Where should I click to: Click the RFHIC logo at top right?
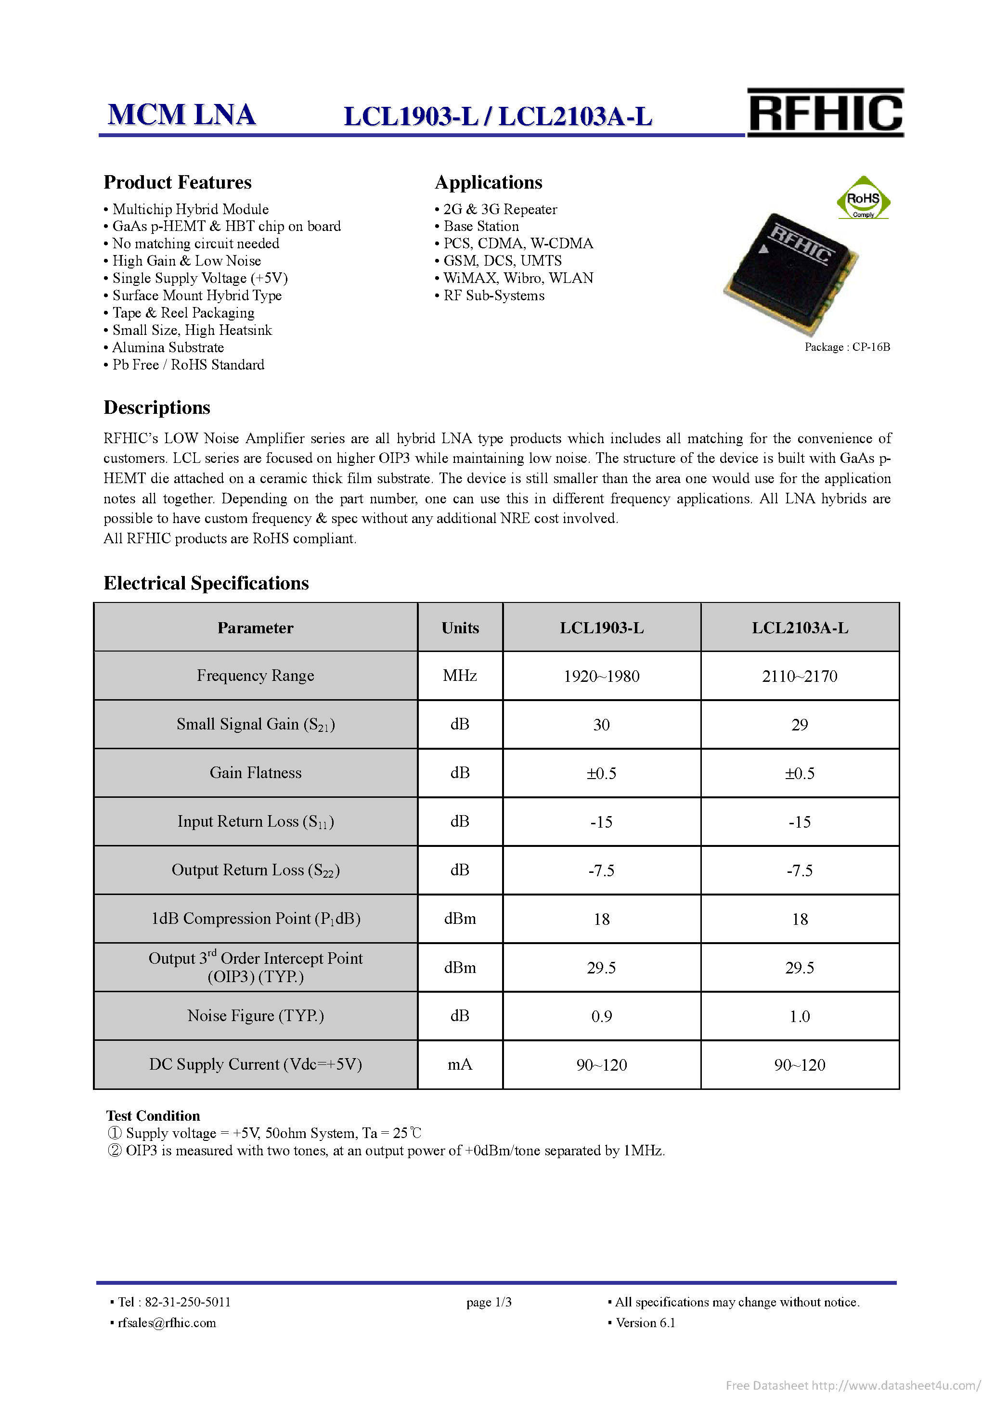pos(825,113)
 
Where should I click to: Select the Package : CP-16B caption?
pos(847,347)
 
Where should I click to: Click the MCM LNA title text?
pos(181,115)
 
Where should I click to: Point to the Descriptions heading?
pos(157,408)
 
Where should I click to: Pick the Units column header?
pos(460,627)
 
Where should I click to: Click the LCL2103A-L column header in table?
pos(800,627)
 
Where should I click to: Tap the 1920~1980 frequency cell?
pos(601,676)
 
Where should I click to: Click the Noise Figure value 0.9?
pos(601,1016)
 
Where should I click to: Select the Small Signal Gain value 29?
pos(800,724)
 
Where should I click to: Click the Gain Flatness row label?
pos(255,773)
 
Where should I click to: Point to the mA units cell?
pos(460,1064)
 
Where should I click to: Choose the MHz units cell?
pos(460,675)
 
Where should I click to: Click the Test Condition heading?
pos(153,1115)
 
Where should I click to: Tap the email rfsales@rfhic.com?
pos(166,1322)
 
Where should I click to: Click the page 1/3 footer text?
pos(489,1302)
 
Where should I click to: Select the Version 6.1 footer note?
pos(645,1322)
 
